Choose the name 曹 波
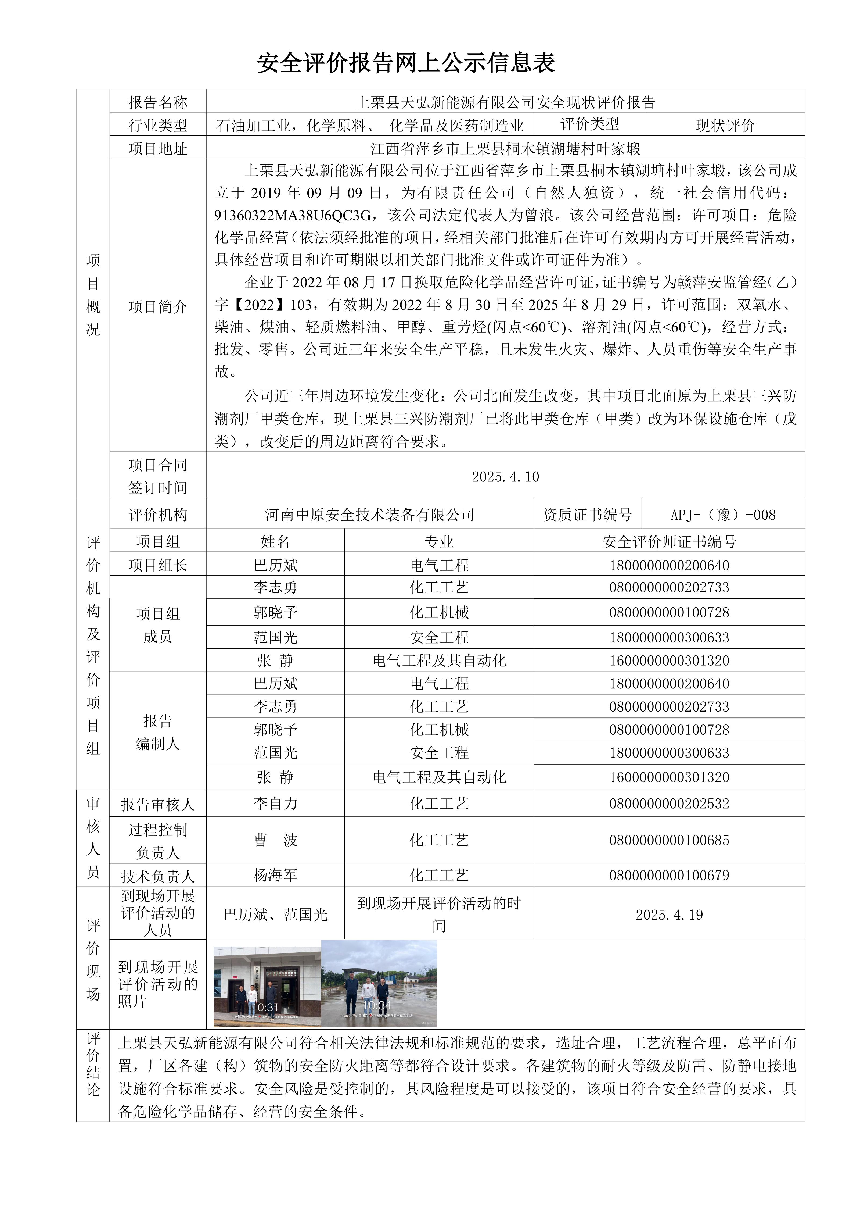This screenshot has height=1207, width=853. (275, 840)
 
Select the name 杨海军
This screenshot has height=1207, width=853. (275, 875)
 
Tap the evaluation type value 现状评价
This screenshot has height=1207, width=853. (725, 125)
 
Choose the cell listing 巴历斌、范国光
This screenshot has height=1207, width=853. (275, 915)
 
